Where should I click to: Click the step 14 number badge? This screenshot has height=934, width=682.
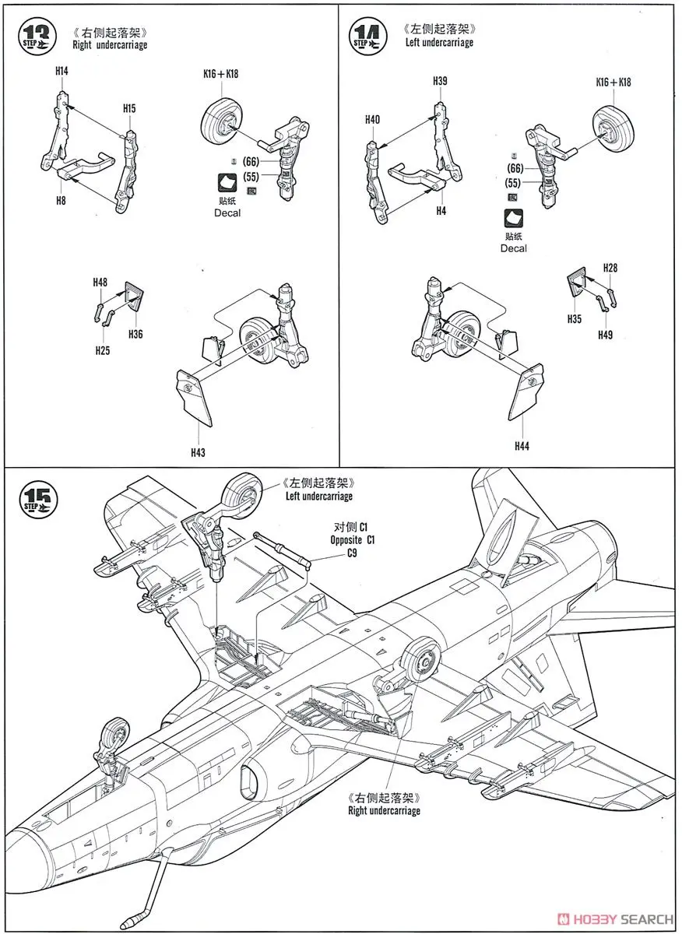click(x=368, y=37)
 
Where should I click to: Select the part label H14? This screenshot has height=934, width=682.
click(x=62, y=71)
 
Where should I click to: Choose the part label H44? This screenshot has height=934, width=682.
click(x=522, y=446)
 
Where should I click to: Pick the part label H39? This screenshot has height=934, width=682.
click(x=441, y=81)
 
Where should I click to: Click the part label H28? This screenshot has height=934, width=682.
click(x=610, y=269)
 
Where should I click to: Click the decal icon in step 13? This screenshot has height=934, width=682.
click(x=229, y=183)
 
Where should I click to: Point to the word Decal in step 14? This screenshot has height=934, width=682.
click(x=514, y=248)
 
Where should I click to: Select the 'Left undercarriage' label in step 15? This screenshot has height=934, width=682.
click(x=318, y=496)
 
